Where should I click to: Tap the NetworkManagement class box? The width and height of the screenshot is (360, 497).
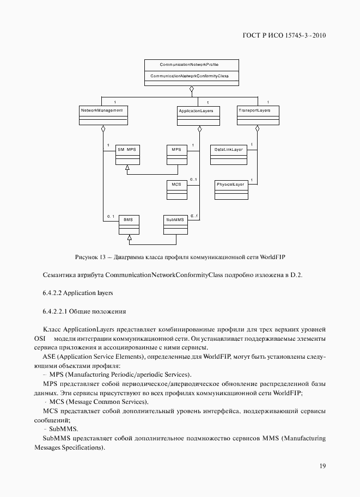[102, 115]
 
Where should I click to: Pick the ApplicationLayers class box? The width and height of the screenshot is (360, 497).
[199, 116]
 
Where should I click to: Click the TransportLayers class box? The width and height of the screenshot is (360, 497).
[258, 116]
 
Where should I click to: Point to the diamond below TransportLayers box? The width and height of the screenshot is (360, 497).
[258, 130]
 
